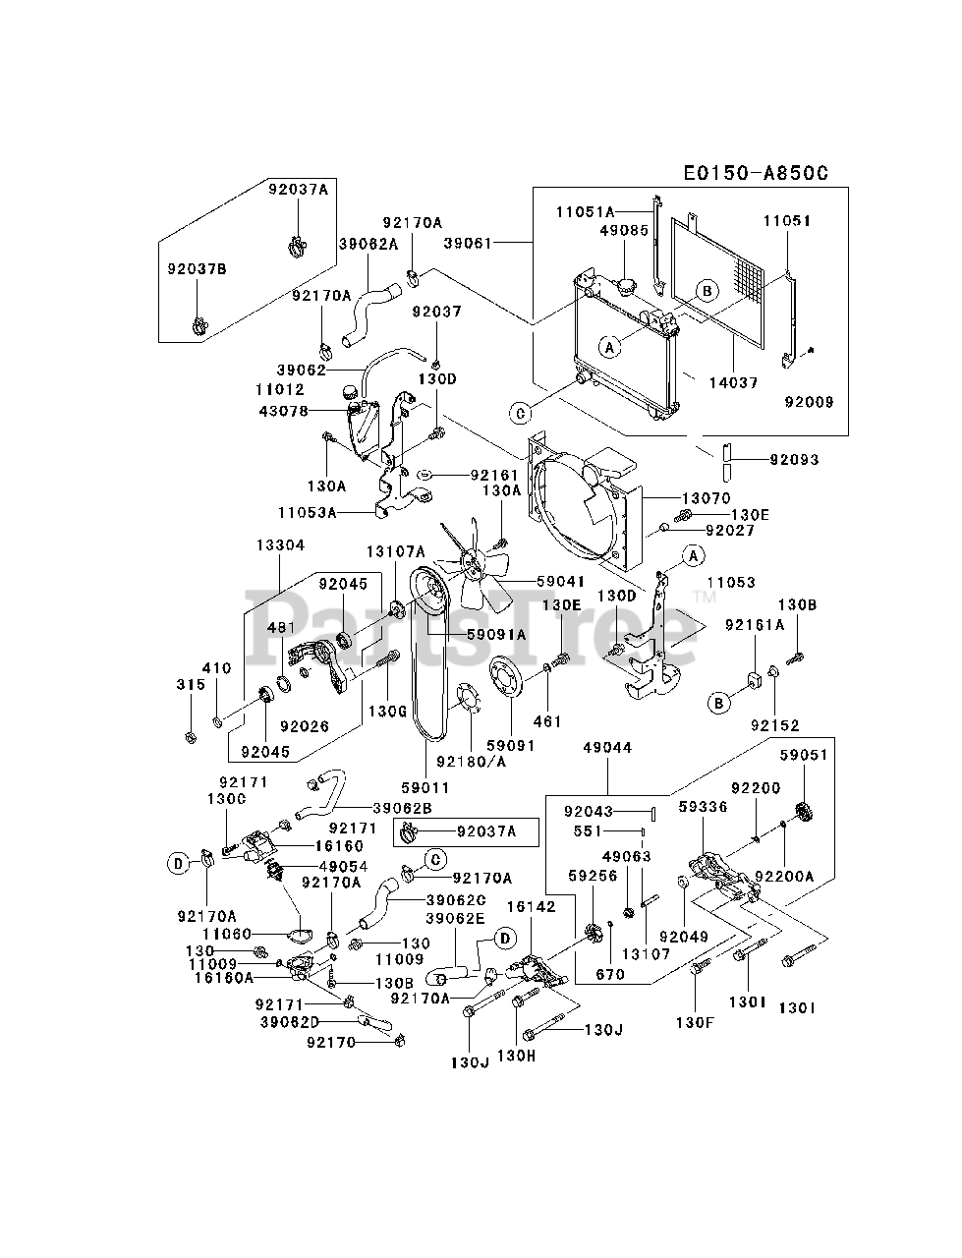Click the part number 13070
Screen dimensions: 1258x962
pyautogui.click(x=702, y=498)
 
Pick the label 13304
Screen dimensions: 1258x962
pyautogui.click(x=280, y=544)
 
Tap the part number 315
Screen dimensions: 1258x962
pyautogui.click(x=191, y=684)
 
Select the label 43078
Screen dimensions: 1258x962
pyautogui.click(x=283, y=410)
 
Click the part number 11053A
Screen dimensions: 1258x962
pyautogui.click(x=307, y=512)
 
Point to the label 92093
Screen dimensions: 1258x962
pyautogui.click(x=794, y=458)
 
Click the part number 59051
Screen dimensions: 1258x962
pyautogui.click(x=804, y=755)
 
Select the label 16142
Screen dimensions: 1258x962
pyautogui.click(x=531, y=906)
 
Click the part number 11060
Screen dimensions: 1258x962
pyautogui.click(x=227, y=934)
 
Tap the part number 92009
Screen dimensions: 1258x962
pyautogui.click(x=809, y=401)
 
